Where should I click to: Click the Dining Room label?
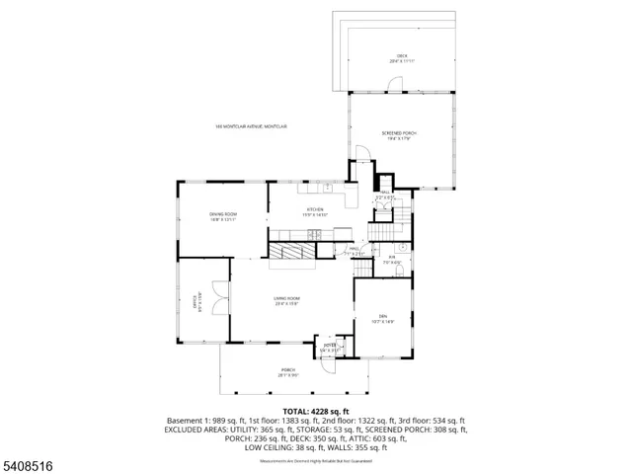[222, 216]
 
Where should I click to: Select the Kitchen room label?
[315, 211]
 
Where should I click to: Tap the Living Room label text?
[287, 300]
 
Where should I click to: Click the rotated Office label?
[197, 300]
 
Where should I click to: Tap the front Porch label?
[287, 372]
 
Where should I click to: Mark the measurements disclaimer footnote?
[315, 461]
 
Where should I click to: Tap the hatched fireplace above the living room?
[293, 253]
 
